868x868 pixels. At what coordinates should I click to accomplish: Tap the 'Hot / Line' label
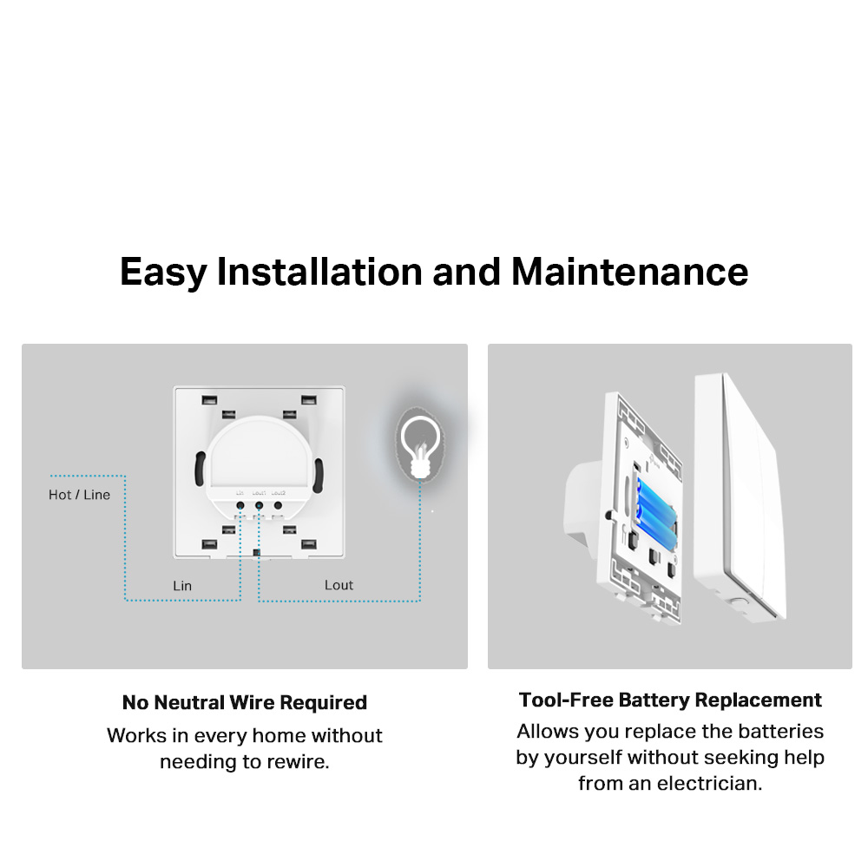tap(79, 495)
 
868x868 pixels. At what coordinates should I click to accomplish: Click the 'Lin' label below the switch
tap(182, 586)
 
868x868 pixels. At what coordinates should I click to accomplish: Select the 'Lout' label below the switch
tap(339, 585)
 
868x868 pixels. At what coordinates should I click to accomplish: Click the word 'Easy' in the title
tap(163, 272)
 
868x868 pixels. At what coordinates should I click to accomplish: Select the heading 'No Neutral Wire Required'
tap(245, 702)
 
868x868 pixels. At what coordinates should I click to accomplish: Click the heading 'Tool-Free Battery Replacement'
tap(670, 700)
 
